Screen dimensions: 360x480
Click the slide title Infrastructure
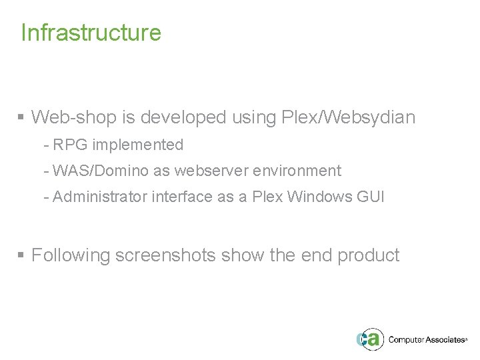pos(91,32)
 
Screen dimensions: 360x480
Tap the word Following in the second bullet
pos(71,255)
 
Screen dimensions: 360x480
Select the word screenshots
pos(166,255)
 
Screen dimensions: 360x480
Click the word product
pos(368,255)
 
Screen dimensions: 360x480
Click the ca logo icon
pos(369,339)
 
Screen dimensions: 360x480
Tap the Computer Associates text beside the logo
pos(427,339)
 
